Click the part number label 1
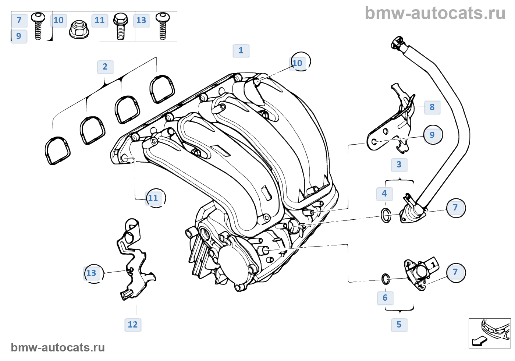pos(241,51)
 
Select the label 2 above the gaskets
pos(105,67)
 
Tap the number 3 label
pos(399,164)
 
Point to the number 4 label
pos(384,194)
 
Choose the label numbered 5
pos(399,325)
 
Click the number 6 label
pos(385,298)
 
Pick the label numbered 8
pos(432,107)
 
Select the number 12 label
pos(133,325)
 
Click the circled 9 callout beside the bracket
pos(433,135)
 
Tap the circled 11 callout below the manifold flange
pos(154,198)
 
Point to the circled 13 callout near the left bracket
pos(92,273)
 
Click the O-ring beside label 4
pos(386,215)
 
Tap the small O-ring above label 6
pos(385,279)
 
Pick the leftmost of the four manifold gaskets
pos(57,151)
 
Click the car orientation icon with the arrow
pos(489,333)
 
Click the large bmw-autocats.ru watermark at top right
pos(435,14)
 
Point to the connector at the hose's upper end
pos(398,43)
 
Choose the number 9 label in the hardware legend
pos(19,36)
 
